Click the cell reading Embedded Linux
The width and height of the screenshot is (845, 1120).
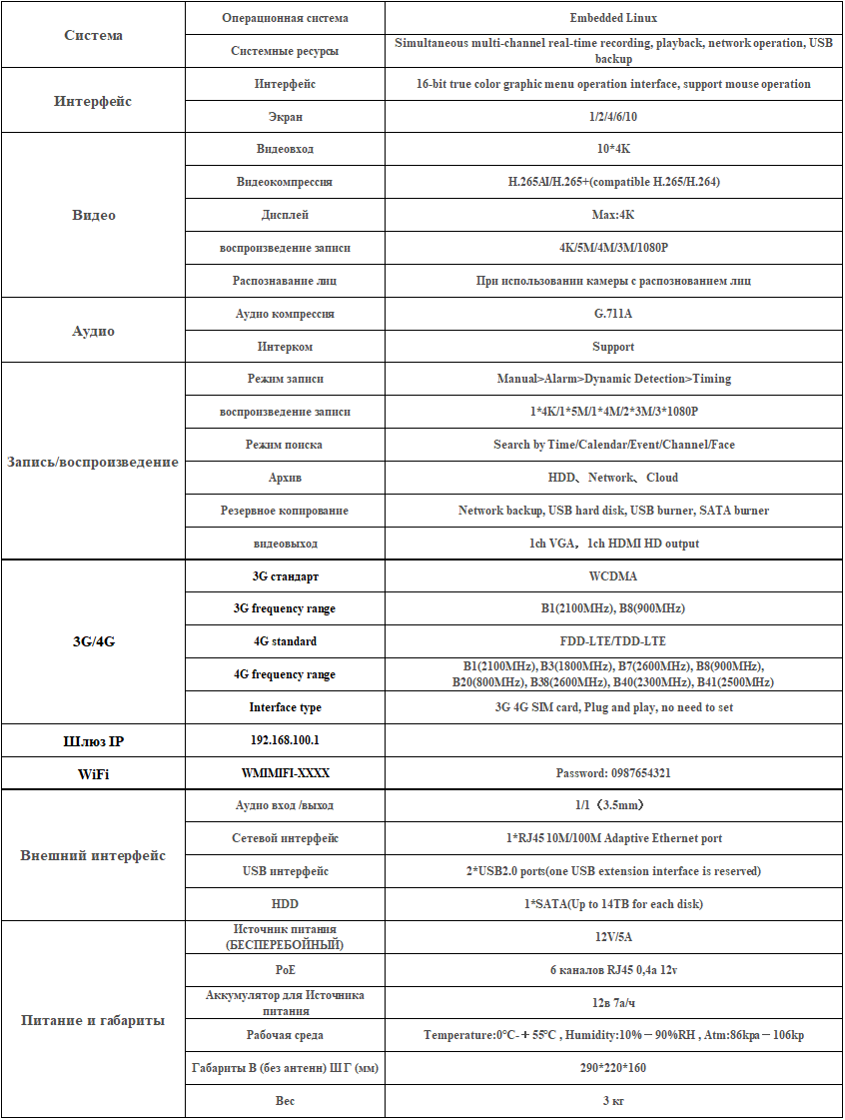click(613, 18)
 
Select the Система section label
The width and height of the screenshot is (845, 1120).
click(93, 35)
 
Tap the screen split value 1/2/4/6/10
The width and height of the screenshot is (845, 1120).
click(613, 117)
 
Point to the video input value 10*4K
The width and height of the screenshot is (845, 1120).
click(613, 149)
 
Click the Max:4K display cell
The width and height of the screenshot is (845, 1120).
click(613, 215)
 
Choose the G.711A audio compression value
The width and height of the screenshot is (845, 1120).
click(613, 314)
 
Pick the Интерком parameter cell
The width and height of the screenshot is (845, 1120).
click(285, 347)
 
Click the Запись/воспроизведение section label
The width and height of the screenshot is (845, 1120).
click(93, 462)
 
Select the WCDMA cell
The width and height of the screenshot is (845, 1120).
click(613, 576)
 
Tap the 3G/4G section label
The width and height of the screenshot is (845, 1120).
click(93, 641)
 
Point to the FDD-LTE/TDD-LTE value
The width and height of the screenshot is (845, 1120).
click(613, 641)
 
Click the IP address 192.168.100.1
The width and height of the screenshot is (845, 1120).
click(285, 740)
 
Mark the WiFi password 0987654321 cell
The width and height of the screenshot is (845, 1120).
click(613, 773)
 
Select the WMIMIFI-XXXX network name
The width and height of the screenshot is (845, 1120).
click(285, 773)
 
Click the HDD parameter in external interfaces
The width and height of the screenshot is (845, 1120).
click(285, 904)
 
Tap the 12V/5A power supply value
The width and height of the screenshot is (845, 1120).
click(613, 937)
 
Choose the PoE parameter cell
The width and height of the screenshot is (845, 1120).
click(285, 969)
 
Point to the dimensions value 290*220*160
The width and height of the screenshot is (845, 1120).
click(613, 1068)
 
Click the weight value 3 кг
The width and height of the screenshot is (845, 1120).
click(613, 1101)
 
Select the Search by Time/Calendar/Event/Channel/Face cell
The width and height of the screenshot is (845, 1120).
click(613, 445)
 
